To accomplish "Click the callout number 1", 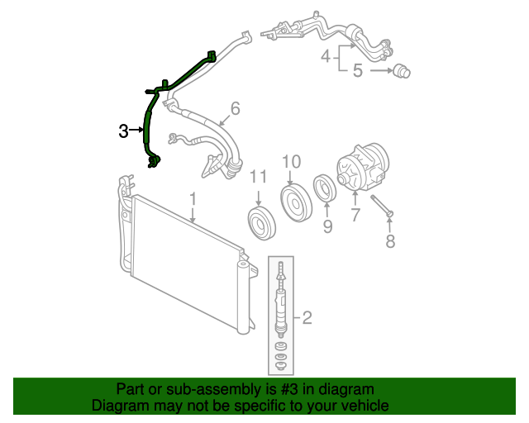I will pos(193,199).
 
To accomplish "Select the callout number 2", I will pos(307,316).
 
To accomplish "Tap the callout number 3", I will pos(123,131).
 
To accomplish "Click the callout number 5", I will pos(358,71).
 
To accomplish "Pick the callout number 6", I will pos(235,108).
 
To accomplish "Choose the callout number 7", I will pos(355,216).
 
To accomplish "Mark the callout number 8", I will pos(391,240).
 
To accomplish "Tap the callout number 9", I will pos(326,226).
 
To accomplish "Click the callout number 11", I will pos(259,178).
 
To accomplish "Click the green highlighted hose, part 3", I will pos(148,124).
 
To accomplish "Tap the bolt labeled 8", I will pos(381,205).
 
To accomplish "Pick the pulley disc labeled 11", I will pos(260,223).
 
